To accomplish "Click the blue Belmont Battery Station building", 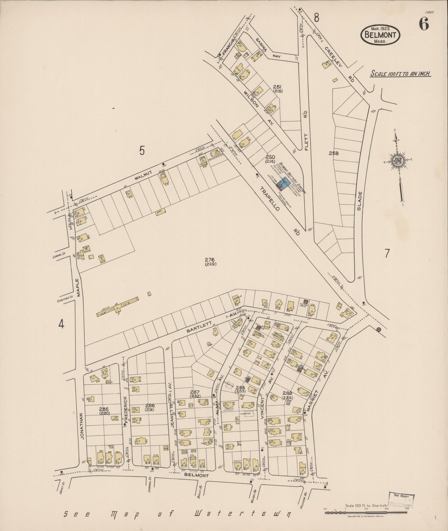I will click(x=285, y=183).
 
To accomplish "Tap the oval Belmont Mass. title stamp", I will click(x=380, y=35).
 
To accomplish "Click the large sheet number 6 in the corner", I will click(x=424, y=24).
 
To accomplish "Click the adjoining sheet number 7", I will click(x=387, y=254).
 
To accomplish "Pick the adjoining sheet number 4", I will click(x=61, y=324).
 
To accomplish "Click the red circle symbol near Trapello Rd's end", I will click(x=378, y=330).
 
